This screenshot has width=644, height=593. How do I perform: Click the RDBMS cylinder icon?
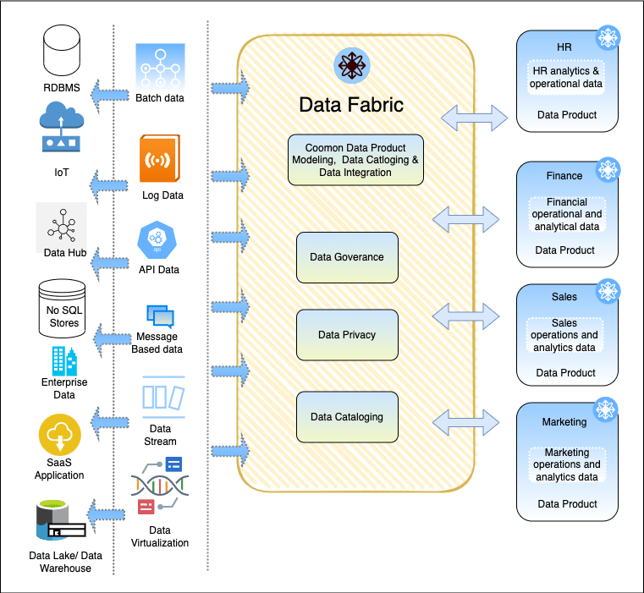point(65,52)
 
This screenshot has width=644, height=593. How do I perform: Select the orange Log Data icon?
point(161,159)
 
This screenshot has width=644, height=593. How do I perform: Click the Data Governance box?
point(347,257)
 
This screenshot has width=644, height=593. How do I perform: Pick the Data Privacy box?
point(347,335)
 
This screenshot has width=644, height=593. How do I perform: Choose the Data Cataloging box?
point(347,417)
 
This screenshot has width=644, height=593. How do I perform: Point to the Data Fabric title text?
point(350,105)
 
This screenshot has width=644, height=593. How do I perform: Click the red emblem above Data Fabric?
point(350,65)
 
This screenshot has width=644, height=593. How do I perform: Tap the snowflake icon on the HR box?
point(608,38)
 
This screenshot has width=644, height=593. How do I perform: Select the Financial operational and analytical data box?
point(566,215)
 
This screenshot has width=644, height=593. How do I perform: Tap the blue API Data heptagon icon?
point(157,239)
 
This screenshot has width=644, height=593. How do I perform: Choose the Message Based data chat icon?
point(160,316)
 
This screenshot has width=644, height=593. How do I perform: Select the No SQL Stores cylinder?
point(62,307)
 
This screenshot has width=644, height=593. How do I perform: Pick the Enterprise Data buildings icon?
point(63,361)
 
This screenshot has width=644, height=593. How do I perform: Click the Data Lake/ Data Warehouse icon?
point(60,520)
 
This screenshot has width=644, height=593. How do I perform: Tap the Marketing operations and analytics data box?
point(566,465)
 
